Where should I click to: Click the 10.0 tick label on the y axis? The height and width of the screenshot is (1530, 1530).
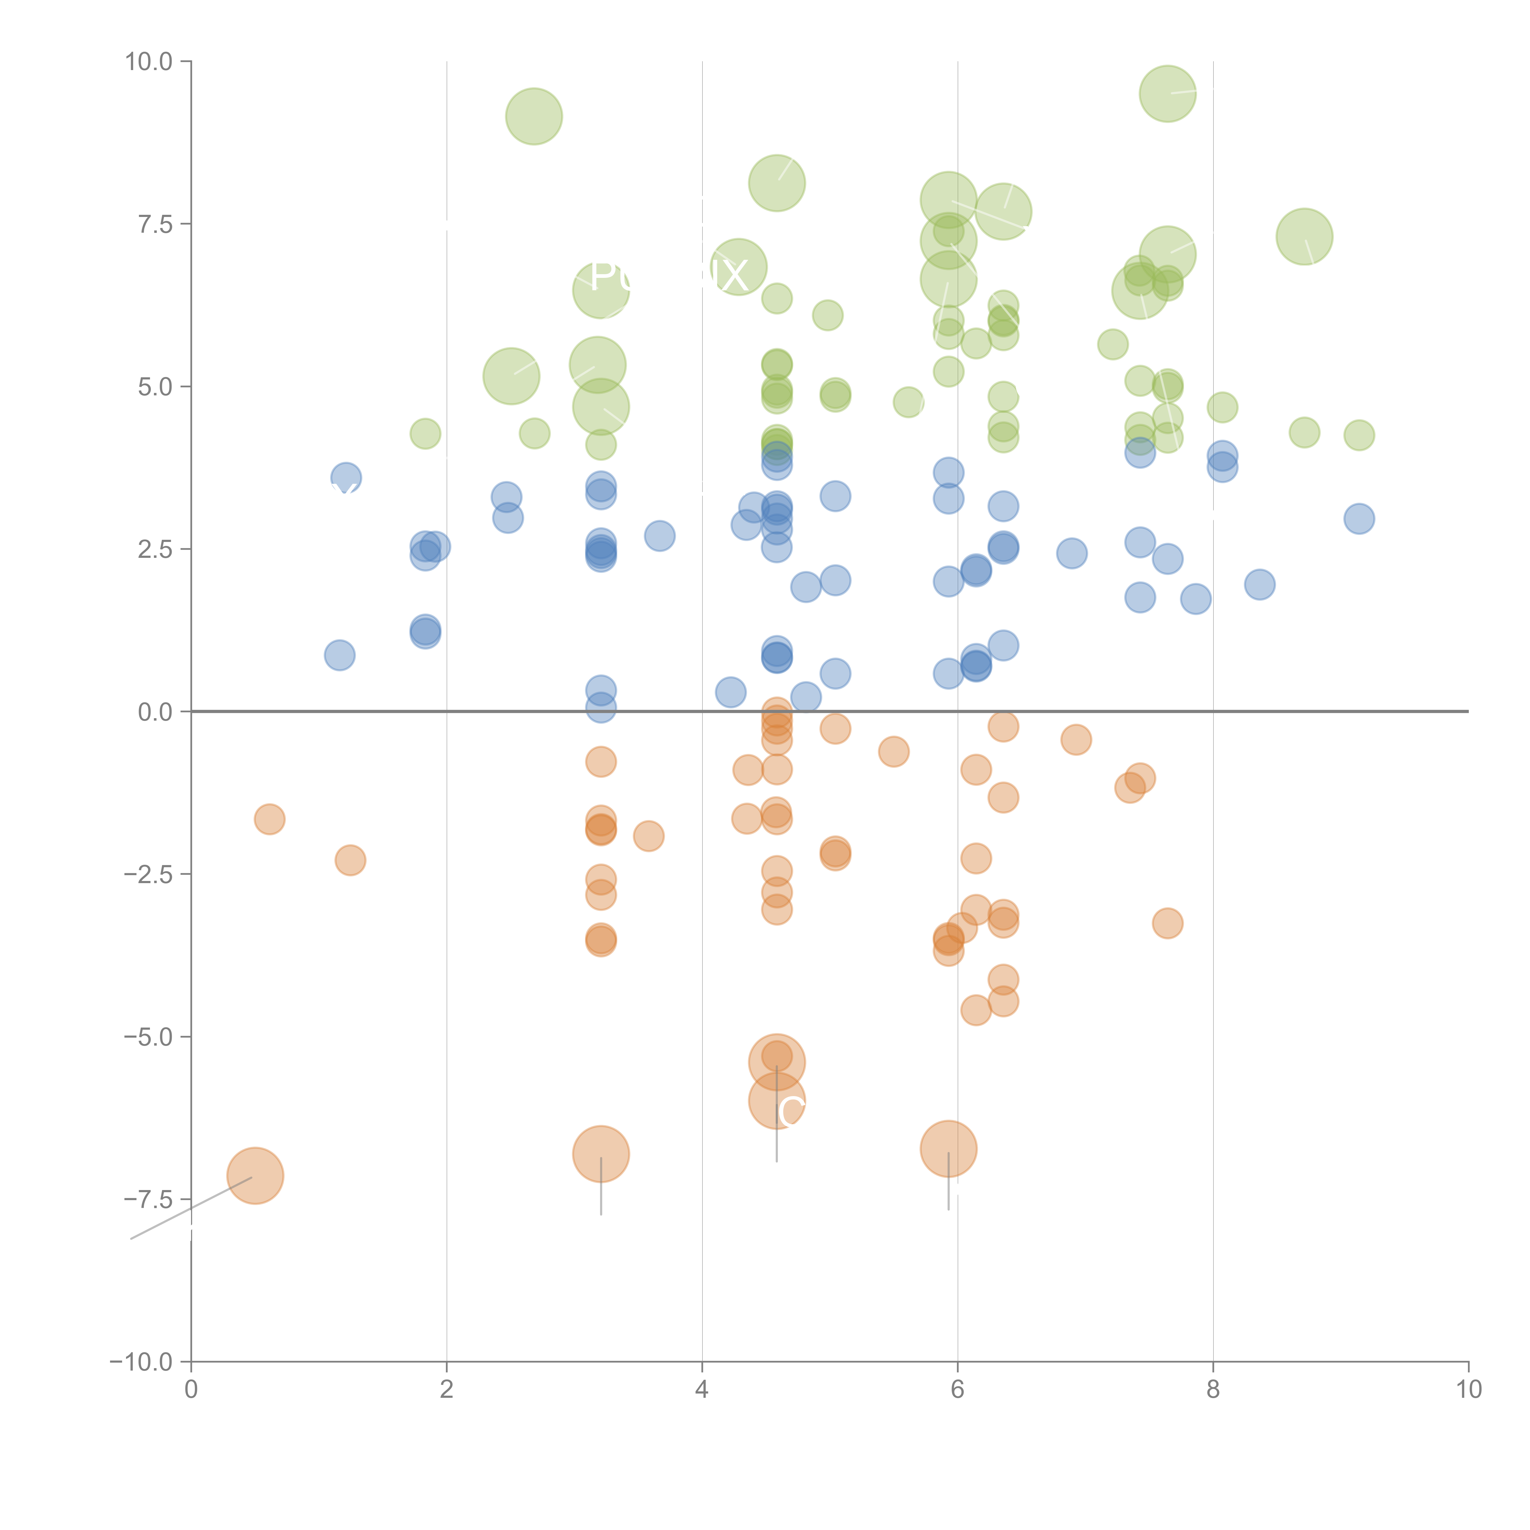click(149, 62)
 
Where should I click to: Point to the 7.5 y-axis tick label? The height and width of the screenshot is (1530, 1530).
click(155, 224)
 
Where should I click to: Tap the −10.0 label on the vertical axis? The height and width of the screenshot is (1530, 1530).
click(141, 1362)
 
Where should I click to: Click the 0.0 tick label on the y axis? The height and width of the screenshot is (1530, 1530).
click(155, 712)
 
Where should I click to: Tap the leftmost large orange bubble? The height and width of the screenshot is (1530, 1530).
click(255, 1175)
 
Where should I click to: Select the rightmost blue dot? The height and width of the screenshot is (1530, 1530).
click(1359, 519)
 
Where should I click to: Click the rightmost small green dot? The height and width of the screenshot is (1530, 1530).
click(1359, 435)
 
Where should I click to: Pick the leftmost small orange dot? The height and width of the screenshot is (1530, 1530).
click(269, 819)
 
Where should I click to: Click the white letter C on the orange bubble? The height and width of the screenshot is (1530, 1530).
click(790, 1112)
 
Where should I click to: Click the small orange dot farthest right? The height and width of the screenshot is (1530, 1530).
click(1167, 923)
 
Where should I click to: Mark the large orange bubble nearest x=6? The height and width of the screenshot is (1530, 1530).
click(948, 1148)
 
